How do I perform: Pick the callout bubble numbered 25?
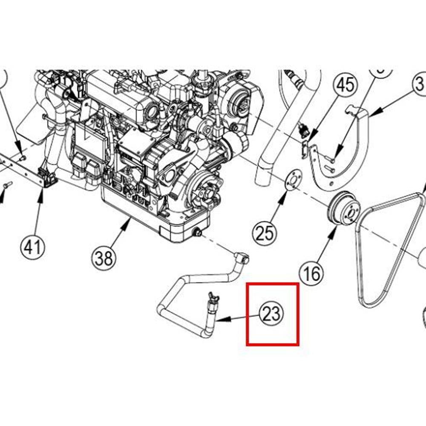(265, 233)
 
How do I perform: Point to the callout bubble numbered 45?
(345, 85)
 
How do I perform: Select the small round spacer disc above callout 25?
(292, 180)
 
